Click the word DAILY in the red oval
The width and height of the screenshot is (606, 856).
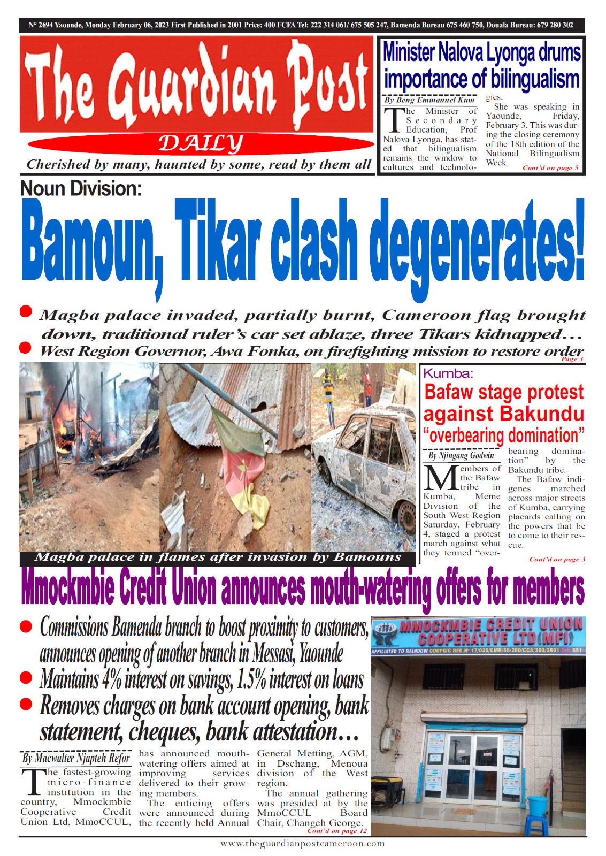click(x=201, y=143)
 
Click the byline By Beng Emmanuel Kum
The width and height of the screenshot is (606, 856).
click(x=429, y=100)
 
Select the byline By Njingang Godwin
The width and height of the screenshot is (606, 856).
click(x=461, y=456)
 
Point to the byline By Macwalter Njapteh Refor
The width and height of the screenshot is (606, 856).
click(x=76, y=758)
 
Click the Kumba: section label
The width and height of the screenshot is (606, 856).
click(x=448, y=373)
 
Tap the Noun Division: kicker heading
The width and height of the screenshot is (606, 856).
click(x=81, y=189)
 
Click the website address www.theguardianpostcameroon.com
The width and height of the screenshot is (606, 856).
click(x=302, y=844)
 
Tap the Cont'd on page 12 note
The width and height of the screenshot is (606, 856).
click(x=337, y=831)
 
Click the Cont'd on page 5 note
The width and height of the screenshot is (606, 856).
click(x=550, y=168)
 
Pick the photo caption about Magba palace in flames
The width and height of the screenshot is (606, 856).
click(x=218, y=557)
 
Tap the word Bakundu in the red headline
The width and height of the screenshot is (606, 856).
click(x=545, y=414)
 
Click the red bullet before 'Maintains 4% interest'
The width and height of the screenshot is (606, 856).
click(x=26, y=678)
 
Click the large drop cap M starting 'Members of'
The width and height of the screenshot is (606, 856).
click(x=440, y=478)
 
